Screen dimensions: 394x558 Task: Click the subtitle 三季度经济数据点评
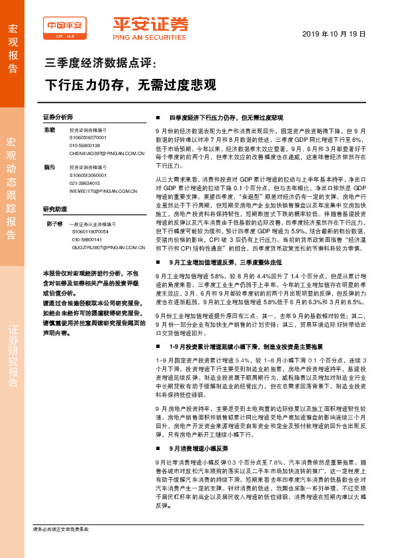99,64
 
